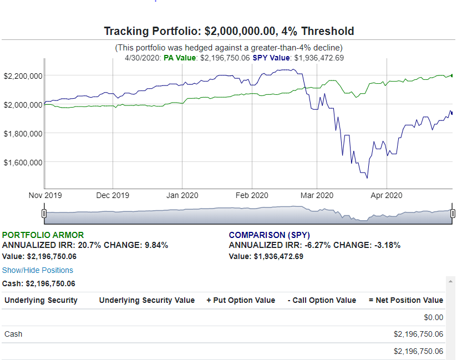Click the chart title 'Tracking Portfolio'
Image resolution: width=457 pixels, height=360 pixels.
point(228,31)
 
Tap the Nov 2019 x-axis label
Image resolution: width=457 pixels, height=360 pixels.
point(45,195)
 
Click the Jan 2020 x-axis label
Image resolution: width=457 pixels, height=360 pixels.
point(182,195)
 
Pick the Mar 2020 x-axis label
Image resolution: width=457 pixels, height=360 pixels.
point(317,195)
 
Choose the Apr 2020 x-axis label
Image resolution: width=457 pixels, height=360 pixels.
point(386,195)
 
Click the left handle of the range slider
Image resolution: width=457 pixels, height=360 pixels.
point(44,214)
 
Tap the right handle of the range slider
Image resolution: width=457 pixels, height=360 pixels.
point(453,214)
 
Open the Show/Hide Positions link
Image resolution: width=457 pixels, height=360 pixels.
point(38,270)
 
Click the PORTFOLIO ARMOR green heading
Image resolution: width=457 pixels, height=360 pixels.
point(43,235)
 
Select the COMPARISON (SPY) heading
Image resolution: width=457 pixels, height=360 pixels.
point(270,235)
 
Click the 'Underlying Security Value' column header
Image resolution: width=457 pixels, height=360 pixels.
point(147,300)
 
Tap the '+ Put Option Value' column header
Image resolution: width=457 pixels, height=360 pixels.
point(240,300)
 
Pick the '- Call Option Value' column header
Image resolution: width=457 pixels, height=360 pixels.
point(322,300)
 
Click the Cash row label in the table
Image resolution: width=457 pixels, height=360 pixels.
point(13,334)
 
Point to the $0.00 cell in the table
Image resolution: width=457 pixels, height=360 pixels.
point(433,317)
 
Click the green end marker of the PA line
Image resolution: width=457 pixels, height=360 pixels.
point(453,75)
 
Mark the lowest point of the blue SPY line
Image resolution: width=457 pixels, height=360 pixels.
point(367,178)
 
